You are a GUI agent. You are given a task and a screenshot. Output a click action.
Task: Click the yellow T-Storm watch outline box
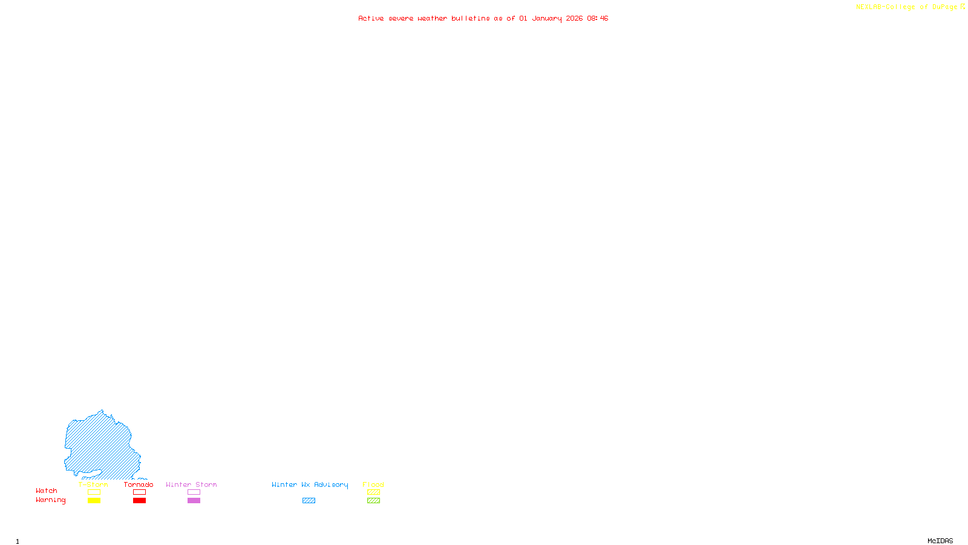pyautogui.click(x=94, y=492)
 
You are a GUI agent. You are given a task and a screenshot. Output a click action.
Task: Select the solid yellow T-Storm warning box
pyautogui.click(x=94, y=501)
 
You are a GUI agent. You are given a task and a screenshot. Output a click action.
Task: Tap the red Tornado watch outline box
pyautogui.click(x=139, y=492)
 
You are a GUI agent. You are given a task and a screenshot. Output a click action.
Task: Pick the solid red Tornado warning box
pyautogui.click(x=139, y=501)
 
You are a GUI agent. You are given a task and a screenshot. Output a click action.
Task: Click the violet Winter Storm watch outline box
pyautogui.click(x=194, y=492)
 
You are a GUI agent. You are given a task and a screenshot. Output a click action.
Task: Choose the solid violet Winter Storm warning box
pyautogui.click(x=194, y=501)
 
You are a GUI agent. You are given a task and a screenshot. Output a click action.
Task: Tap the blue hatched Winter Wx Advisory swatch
pyautogui.click(x=309, y=501)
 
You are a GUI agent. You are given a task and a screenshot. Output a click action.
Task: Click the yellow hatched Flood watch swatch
pyautogui.click(x=373, y=492)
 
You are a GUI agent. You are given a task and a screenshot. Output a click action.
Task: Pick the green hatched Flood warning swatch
pyautogui.click(x=373, y=501)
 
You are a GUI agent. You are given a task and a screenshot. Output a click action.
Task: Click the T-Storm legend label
pyautogui.click(x=93, y=484)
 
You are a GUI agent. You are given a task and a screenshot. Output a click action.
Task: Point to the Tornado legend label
pyautogui.click(x=139, y=484)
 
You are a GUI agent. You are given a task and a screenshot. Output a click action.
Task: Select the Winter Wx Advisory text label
pyautogui.click(x=310, y=484)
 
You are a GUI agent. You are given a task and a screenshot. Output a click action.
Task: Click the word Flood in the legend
pyautogui.click(x=373, y=484)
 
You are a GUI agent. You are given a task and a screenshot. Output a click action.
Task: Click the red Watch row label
pyautogui.click(x=47, y=491)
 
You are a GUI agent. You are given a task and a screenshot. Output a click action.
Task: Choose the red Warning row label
pyautogui.click(x=50, y=500)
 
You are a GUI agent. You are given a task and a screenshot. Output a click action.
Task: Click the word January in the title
pyautogui.click(x=547, y=19)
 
